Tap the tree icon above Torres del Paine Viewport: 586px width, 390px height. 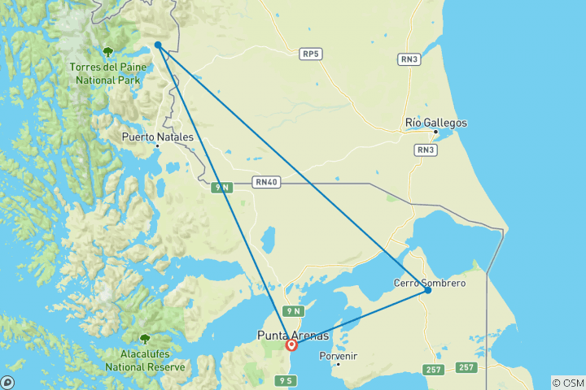click(x=107, y=53)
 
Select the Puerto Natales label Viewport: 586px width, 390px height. click(x=158, y=137)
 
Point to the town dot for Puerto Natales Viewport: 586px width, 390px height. click(x=157, y=146)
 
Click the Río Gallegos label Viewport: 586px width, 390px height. click(x=436, y=123)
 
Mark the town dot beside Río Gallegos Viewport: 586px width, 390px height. click(x=436, y=132)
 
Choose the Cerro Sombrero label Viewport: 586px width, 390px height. click(x=429, y=283)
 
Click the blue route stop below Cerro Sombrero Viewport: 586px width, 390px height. click(x=427, y=290)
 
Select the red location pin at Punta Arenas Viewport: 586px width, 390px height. click(x=291, y=344)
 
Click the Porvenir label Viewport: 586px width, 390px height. click(x=339, y=355)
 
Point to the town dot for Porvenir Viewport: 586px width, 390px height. click(x=339, y=363)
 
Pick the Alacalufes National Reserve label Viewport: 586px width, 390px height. click(x=145, y=361)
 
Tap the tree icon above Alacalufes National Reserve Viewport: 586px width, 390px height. click(x=145, y=339)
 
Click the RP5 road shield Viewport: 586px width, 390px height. click(x=310, y=54)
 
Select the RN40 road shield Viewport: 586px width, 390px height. click(x=266, y=182)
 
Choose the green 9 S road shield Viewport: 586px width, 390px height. click(x=285, y=380)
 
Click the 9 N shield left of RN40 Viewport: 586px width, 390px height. click(x=222, y=188)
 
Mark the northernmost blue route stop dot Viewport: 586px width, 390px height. click(x=158, y=45)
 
